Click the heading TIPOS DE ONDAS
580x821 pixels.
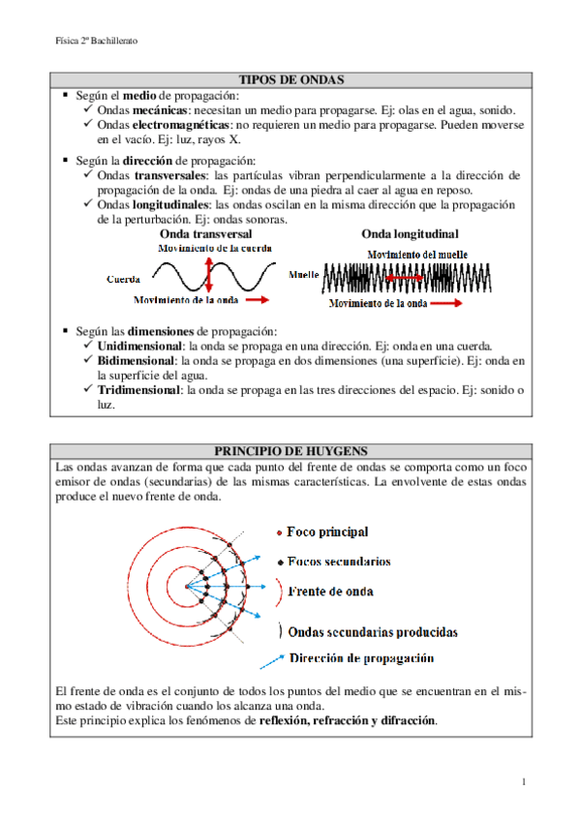(291, 79)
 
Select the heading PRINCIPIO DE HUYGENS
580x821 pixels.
(291, 450)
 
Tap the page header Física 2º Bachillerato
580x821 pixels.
(96, 42)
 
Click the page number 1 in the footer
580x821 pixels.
(523, 781)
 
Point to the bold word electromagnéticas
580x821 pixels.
(181, 126)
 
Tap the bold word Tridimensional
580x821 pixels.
(139, 390)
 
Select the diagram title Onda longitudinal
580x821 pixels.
(410, 234)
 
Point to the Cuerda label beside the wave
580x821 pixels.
(125, 279)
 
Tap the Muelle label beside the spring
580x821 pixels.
(304, 275)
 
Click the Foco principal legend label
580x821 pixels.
(327, 532)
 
